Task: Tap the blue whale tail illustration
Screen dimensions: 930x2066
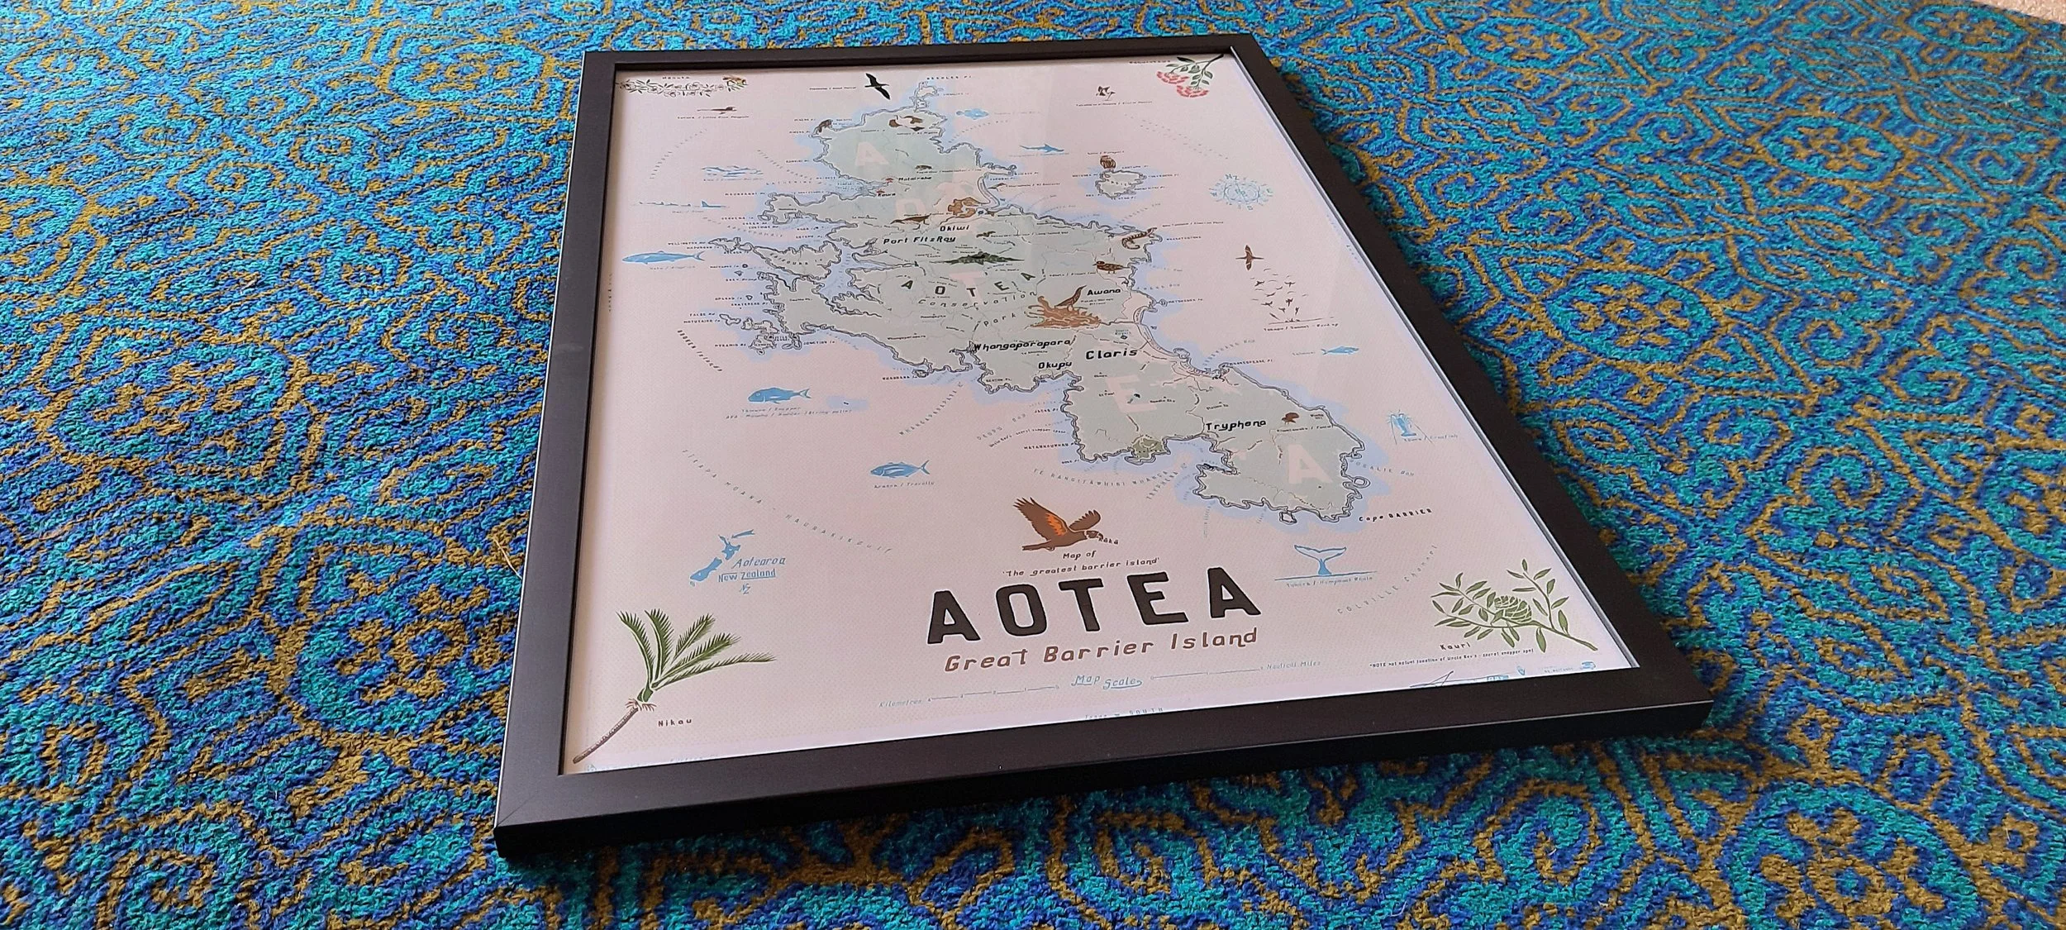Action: pos(1319,561)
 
